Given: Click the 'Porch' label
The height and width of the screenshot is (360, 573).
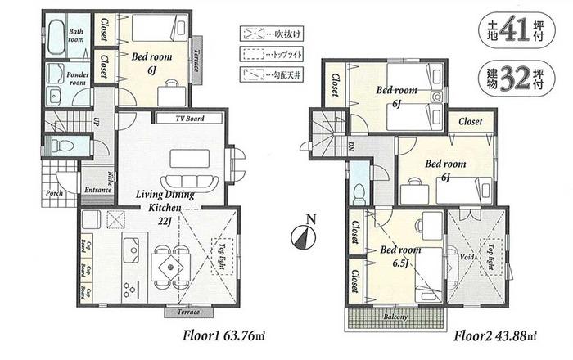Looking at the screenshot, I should (x=55, y=194).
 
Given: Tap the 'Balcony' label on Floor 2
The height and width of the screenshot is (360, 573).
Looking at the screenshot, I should (x=397, y=316).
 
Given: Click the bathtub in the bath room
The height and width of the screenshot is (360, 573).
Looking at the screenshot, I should (x=54, y=36).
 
